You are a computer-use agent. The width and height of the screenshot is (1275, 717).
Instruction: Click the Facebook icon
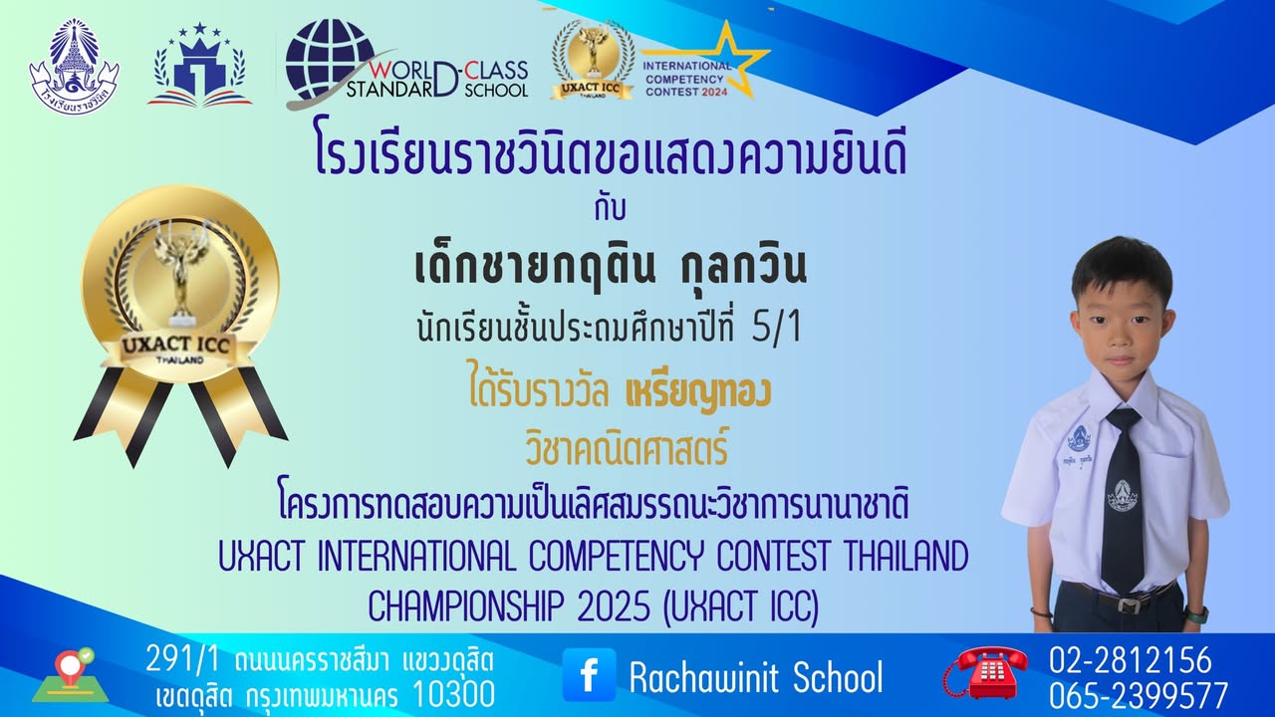[589, 675]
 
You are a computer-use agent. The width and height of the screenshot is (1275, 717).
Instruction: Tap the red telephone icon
[985, 672]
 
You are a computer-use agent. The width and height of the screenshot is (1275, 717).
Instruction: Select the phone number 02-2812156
[1130, 660]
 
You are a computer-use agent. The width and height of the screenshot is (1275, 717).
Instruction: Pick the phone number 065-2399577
[1138, 694]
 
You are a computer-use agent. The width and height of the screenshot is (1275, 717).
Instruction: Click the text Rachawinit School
[755, 677]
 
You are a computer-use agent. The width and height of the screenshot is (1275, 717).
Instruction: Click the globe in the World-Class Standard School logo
[330, 60]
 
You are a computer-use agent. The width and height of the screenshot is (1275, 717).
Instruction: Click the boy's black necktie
[1123, 498]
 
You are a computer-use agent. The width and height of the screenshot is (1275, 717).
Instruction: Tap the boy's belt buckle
[1128, 603]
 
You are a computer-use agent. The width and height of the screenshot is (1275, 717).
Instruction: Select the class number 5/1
[777, 331]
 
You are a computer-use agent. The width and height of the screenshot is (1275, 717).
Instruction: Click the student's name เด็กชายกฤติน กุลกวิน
[609, 268]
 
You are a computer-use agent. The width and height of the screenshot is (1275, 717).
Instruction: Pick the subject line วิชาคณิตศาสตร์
[627, 451]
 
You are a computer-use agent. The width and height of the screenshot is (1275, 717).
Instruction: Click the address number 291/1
[185, 659]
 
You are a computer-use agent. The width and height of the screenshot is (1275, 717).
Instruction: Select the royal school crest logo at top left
[74, 67]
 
